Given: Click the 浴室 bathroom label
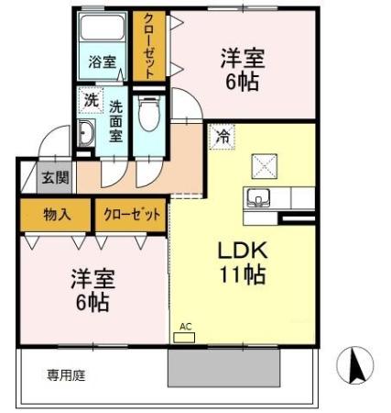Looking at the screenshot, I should tap(102, 62).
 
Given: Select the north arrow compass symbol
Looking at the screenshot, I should tap(356, 366).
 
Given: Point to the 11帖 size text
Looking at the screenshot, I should tap(241, 273).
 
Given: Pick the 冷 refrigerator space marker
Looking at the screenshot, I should tap(223, 137).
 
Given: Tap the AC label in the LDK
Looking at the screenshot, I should tap(186, 327).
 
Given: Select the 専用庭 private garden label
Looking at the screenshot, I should tap(67, 375).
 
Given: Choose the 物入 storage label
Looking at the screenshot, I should tap(56, 215).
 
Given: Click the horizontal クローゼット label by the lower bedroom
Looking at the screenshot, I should tap(132, 215).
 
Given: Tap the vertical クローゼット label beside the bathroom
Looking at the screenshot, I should tap(148, 46).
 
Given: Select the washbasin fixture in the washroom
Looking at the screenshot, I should tap(85, 136).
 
